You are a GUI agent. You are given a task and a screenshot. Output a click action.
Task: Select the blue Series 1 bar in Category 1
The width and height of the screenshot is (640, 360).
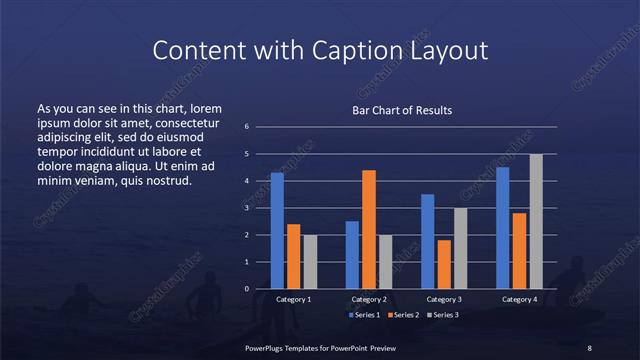click(277, 231)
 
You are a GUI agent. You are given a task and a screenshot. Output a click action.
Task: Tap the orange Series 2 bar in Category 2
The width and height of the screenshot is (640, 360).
click(368, 229)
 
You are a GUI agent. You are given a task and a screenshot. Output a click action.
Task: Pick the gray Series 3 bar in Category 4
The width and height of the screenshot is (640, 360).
click(536, 221)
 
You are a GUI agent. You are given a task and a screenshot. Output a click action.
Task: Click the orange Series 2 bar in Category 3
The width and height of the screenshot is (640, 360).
click(444, 264)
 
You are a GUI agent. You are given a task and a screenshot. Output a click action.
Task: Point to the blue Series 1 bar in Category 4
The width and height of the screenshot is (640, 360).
click(502, 228)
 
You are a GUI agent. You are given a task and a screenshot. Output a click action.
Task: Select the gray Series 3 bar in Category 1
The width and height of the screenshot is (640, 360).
click(309, 262)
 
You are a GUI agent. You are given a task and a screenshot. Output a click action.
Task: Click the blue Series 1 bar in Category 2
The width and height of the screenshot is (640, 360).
click(352, 255)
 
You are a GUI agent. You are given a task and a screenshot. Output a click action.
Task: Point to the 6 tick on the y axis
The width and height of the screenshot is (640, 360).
click(246, 127)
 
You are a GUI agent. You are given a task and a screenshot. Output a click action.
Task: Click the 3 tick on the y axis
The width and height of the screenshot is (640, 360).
click(246, 208)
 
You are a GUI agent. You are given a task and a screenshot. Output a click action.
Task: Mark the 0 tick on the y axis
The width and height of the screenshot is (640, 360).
click(246, 289)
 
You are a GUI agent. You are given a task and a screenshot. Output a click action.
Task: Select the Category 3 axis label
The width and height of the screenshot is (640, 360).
click(444, 299)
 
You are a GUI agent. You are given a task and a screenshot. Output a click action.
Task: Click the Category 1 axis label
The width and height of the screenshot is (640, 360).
click(293, 299)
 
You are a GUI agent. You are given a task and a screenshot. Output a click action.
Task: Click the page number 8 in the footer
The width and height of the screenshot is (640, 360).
click(589, 347)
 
